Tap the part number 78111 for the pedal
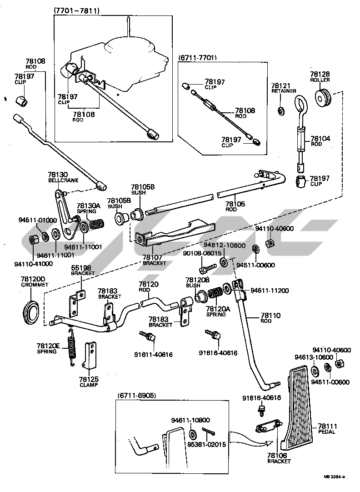327,426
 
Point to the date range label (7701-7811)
77,10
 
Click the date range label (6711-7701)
198,58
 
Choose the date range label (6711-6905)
137,396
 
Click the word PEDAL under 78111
327,432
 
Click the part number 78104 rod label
320,138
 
